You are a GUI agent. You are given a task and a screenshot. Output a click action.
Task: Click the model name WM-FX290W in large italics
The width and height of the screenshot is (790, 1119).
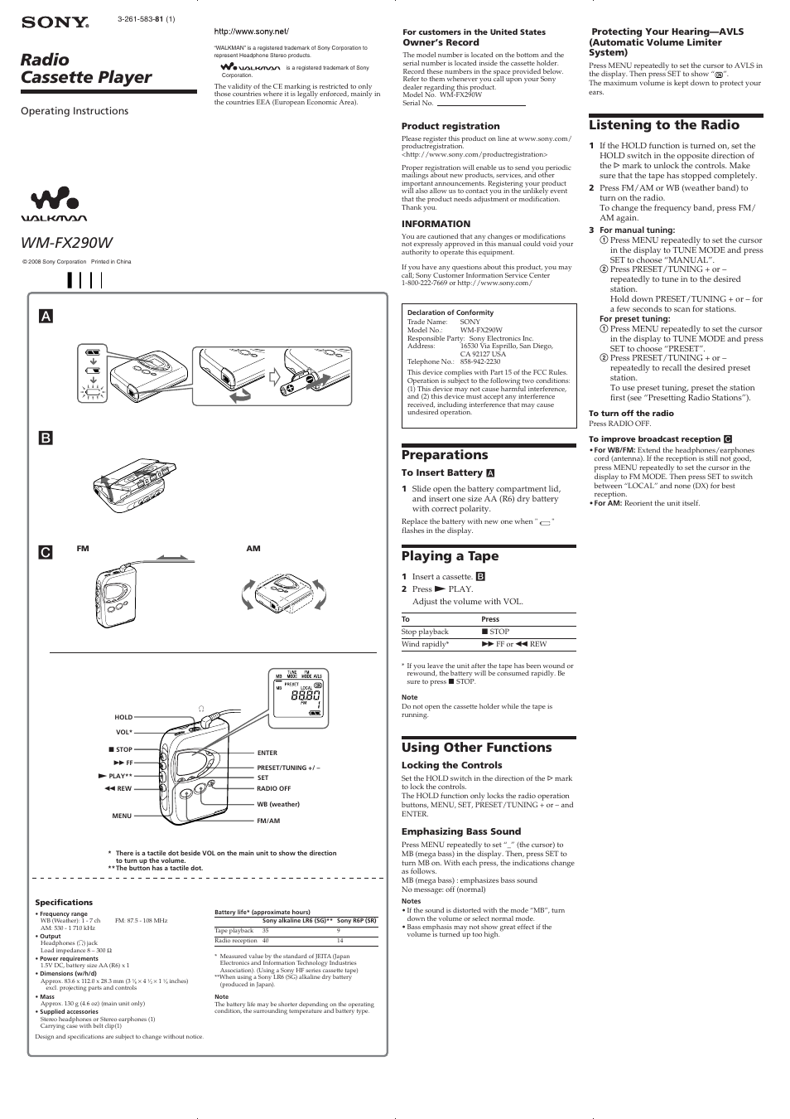coord(67,242)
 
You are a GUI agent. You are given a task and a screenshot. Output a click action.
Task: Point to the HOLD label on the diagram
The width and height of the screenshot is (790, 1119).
coord(123,717)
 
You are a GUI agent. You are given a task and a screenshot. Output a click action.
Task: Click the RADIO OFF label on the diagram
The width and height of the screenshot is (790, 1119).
coord(273,788)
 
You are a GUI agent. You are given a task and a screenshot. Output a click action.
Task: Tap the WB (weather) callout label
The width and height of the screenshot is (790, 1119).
coord(278,804)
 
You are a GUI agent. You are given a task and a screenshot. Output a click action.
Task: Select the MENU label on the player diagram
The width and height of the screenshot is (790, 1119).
coord(122,816)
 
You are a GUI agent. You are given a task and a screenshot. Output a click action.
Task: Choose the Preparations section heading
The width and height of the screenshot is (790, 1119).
coord(445,455)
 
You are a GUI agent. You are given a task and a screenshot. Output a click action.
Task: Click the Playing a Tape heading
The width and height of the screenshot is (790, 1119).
coord(450,556)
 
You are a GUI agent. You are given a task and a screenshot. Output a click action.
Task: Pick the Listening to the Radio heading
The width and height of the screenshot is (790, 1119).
coord(663,125)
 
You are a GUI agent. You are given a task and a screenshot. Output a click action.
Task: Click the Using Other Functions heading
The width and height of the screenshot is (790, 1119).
coord(476,748)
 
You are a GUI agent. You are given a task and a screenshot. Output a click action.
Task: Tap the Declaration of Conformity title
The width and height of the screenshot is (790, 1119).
coord(450,312)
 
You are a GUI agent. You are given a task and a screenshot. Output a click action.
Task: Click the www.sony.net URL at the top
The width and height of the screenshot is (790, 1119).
coord(252,31)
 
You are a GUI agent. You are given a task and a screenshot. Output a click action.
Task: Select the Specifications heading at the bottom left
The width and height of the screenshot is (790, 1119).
coord(64,902)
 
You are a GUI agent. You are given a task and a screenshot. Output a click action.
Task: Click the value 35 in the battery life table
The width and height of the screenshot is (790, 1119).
coord(266,931)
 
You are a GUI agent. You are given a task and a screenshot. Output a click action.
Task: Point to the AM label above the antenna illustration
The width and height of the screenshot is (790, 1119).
coord(253,549)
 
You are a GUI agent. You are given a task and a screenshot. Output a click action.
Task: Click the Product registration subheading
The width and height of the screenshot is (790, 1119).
coord(450,126)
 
